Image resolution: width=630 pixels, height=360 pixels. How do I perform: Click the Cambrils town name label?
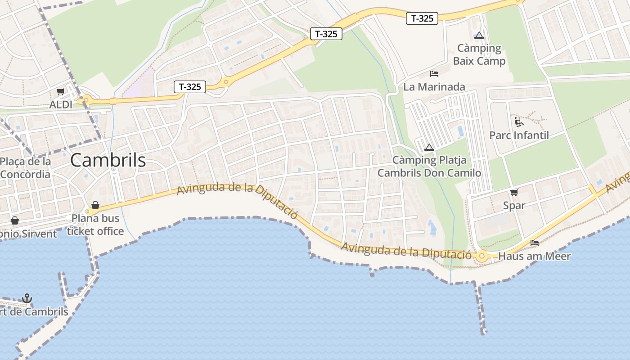[108, 160]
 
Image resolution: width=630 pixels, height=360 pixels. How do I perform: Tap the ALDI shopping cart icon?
[60, 92]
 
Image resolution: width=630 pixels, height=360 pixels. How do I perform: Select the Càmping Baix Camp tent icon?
[479, 35]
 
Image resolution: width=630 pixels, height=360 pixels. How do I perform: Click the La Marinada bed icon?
[434, 73]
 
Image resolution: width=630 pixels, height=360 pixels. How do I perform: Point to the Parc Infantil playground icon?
[519, 121]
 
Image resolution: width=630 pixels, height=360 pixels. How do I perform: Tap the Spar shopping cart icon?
[514, 193]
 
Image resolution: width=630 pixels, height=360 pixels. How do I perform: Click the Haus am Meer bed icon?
[535, 243]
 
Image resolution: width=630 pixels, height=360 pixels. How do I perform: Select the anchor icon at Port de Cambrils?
[27, 298]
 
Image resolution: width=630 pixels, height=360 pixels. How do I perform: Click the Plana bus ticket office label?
[95, 225]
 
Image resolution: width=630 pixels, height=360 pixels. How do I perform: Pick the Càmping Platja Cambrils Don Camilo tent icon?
[429, 147]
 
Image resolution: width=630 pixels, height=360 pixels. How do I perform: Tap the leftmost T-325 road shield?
[190, 87]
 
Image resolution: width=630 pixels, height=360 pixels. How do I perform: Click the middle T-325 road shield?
[326, 34]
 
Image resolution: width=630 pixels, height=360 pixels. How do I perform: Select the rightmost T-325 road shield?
[422, 18]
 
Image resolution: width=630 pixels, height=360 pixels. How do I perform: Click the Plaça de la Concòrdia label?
[25, 168]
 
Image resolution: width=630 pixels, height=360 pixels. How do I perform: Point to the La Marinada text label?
[434, 87]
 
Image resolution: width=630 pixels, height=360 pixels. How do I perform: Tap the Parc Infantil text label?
[519, 135]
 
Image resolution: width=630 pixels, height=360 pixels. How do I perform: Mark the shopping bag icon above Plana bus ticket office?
[95, 206]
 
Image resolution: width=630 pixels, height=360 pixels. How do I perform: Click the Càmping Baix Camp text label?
[479, 54]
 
